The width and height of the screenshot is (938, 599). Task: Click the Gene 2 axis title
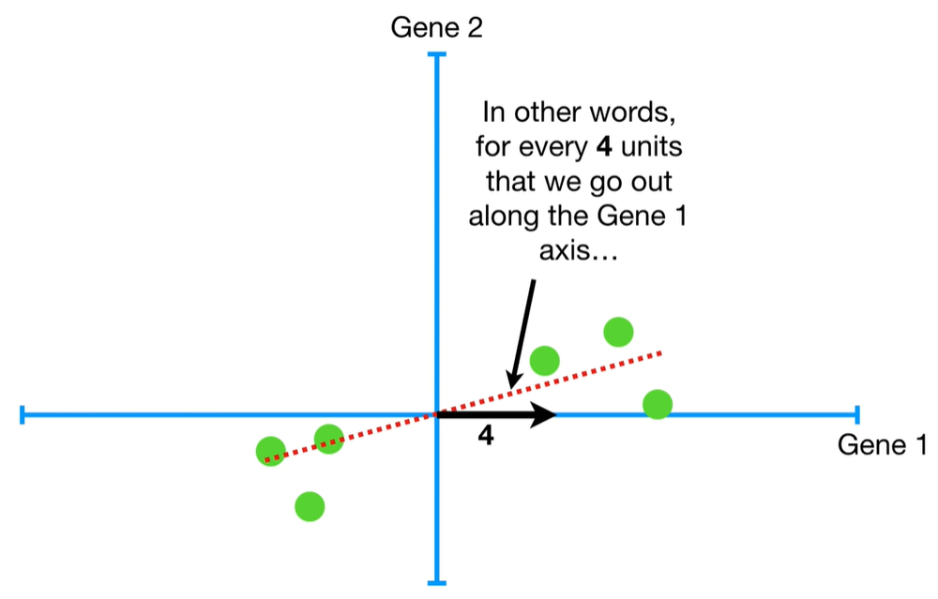[436, 27]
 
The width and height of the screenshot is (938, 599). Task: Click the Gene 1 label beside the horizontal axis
[882, 445]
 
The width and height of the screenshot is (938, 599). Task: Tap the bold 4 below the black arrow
[485, 435]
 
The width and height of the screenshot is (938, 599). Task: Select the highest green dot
[618, 331]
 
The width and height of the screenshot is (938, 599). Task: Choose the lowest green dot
[310, 506]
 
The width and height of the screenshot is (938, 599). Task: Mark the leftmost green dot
[271, 451]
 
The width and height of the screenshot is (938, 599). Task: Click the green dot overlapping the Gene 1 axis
[658, 404]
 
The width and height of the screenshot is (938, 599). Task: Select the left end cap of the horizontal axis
[22, 413]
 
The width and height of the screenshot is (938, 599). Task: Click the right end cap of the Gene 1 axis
[856, 413]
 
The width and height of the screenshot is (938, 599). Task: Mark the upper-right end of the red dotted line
[661, 352]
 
